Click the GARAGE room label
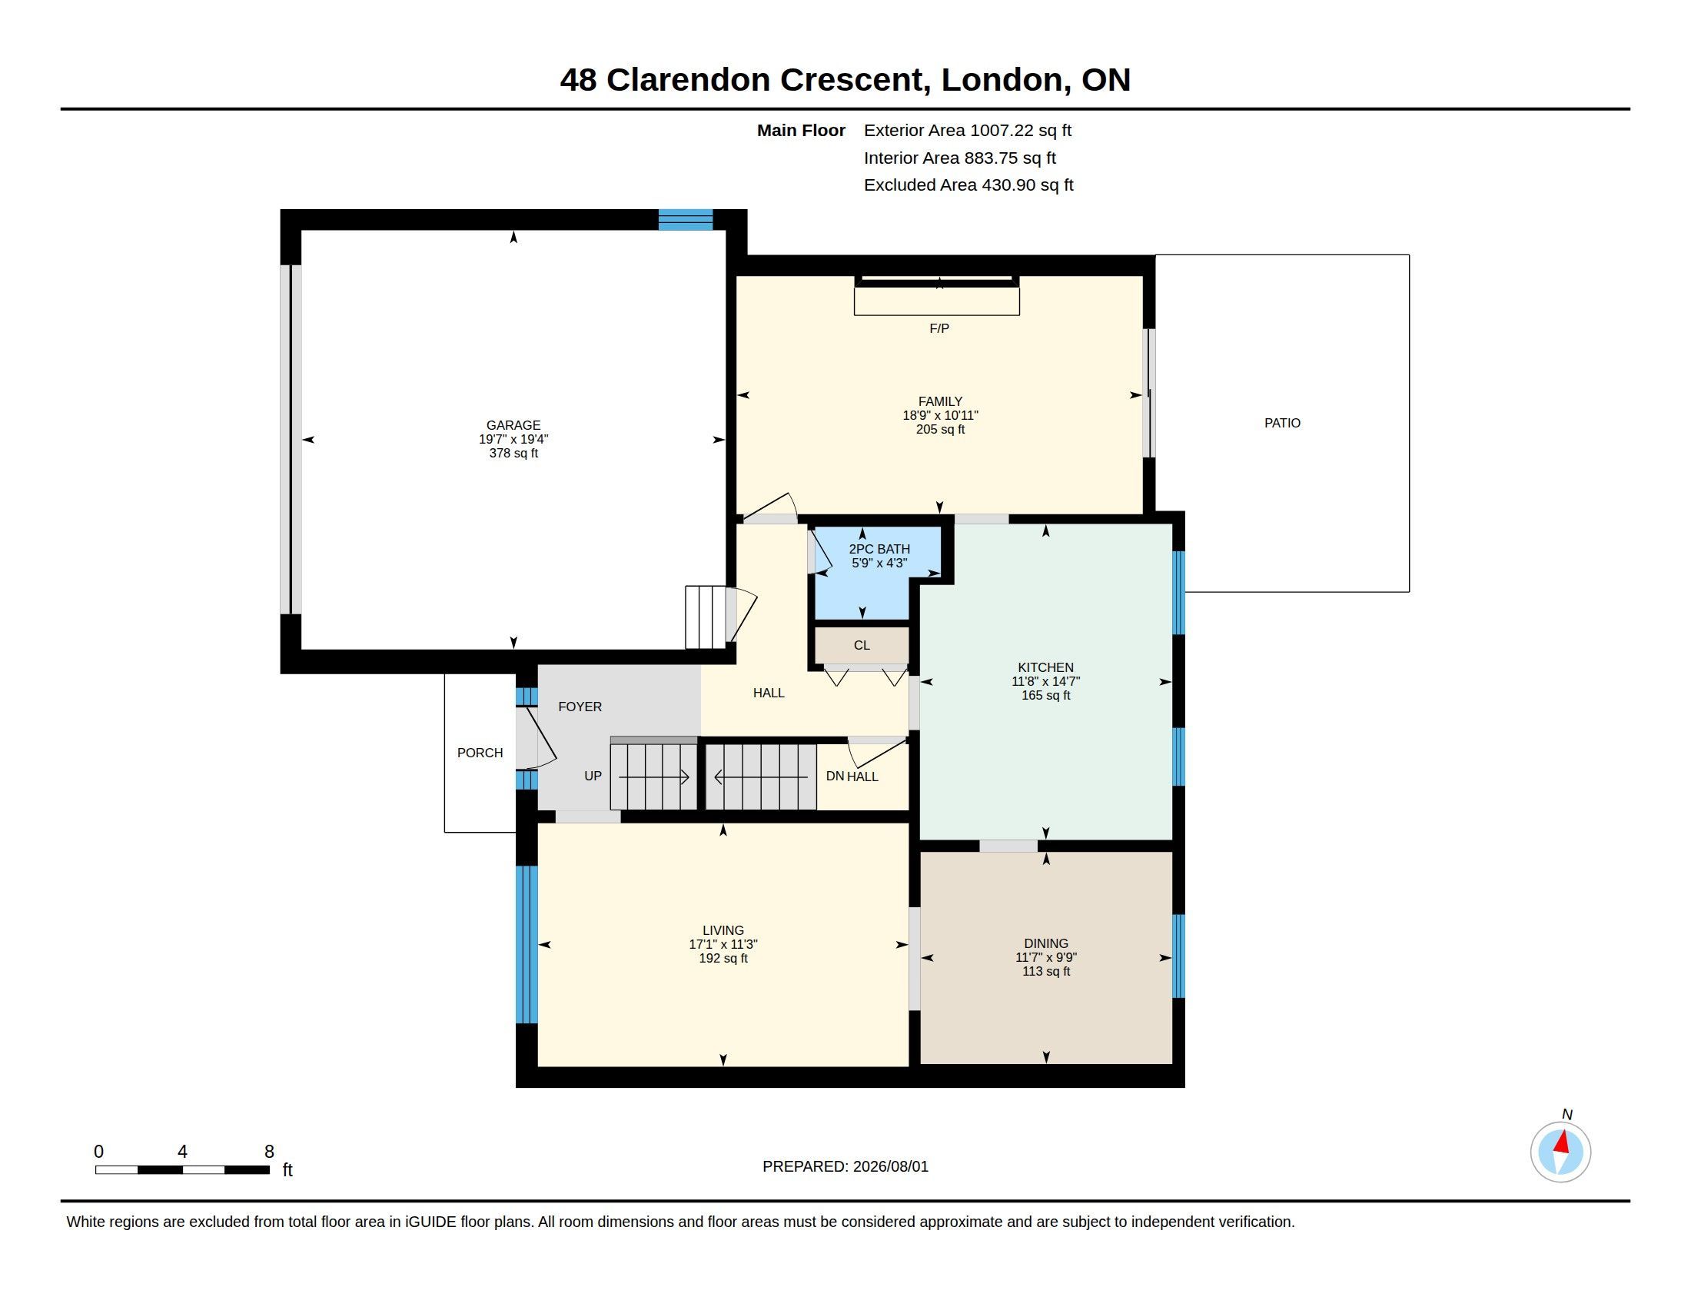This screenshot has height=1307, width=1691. click(x=513, y=425)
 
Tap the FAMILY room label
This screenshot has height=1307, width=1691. click(x=940, y=401)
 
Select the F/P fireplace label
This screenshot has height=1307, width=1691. click(x=939, y=328)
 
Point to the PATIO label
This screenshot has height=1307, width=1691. click(x=1282, y=423)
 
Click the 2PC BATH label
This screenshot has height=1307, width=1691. click(x=879, y=549)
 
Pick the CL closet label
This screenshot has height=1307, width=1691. click(x=862, y=645)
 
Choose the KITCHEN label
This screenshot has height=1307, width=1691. click(x=1045, y=667)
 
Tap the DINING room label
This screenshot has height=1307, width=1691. click(x=1046, y=943)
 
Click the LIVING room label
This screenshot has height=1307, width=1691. click(x=723, y=930)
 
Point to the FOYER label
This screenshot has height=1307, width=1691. click(x=580, y=706)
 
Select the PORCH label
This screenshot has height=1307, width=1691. click(x=480, y=753)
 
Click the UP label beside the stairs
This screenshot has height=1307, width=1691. click(x=593, y=776)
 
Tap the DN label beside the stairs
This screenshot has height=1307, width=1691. click(x=835, y=776)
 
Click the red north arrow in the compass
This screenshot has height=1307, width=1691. click(x=1563, y=1142)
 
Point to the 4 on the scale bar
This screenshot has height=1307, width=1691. click(x=182, y=1152)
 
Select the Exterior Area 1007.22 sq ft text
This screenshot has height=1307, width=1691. click(x=968, y=130)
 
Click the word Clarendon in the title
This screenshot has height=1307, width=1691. click(x=689, y=80)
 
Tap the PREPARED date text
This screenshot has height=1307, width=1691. click(x=845, y=1166)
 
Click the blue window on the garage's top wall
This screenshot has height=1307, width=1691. click(x=685, y=220)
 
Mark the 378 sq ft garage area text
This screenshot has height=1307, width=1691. click(x=513, y=453)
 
